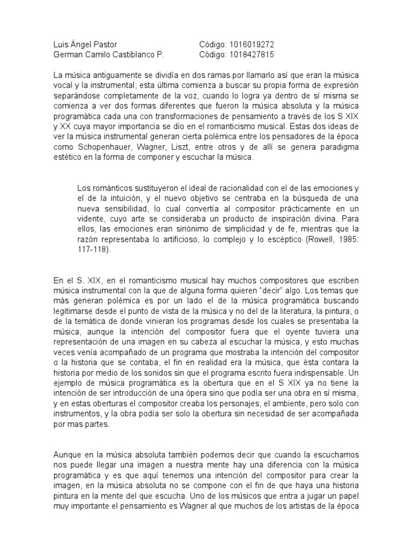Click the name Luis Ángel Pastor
(86, 44)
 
